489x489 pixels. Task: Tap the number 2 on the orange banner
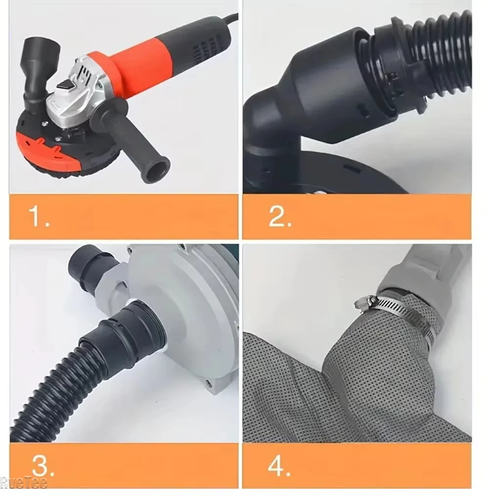(280, 216)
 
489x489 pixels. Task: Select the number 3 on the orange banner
(43, 466)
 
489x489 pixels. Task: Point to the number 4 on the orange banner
(279, 466)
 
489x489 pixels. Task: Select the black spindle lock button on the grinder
(66, 85)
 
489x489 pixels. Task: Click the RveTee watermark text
(23, 483)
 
